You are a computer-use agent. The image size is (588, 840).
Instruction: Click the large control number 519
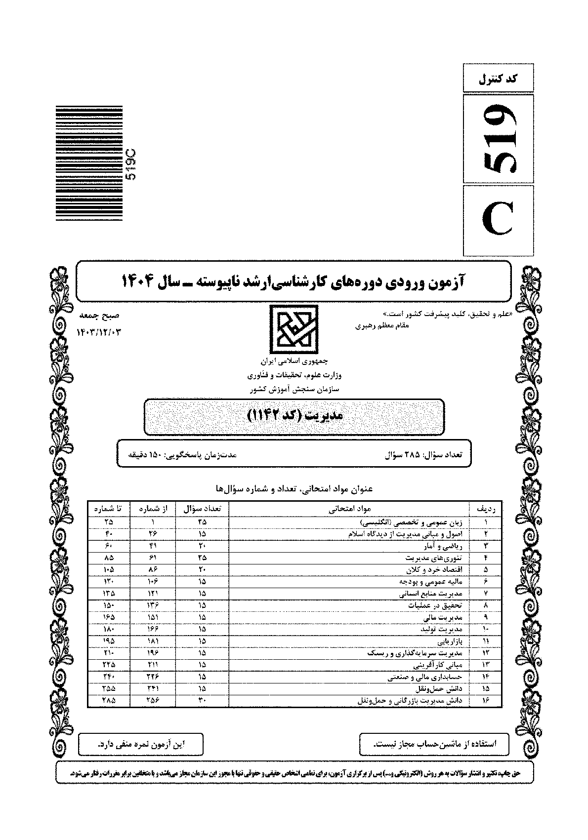(x=498, y=139)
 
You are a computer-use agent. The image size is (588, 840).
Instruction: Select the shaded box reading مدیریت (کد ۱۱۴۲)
(x=294, y=417)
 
